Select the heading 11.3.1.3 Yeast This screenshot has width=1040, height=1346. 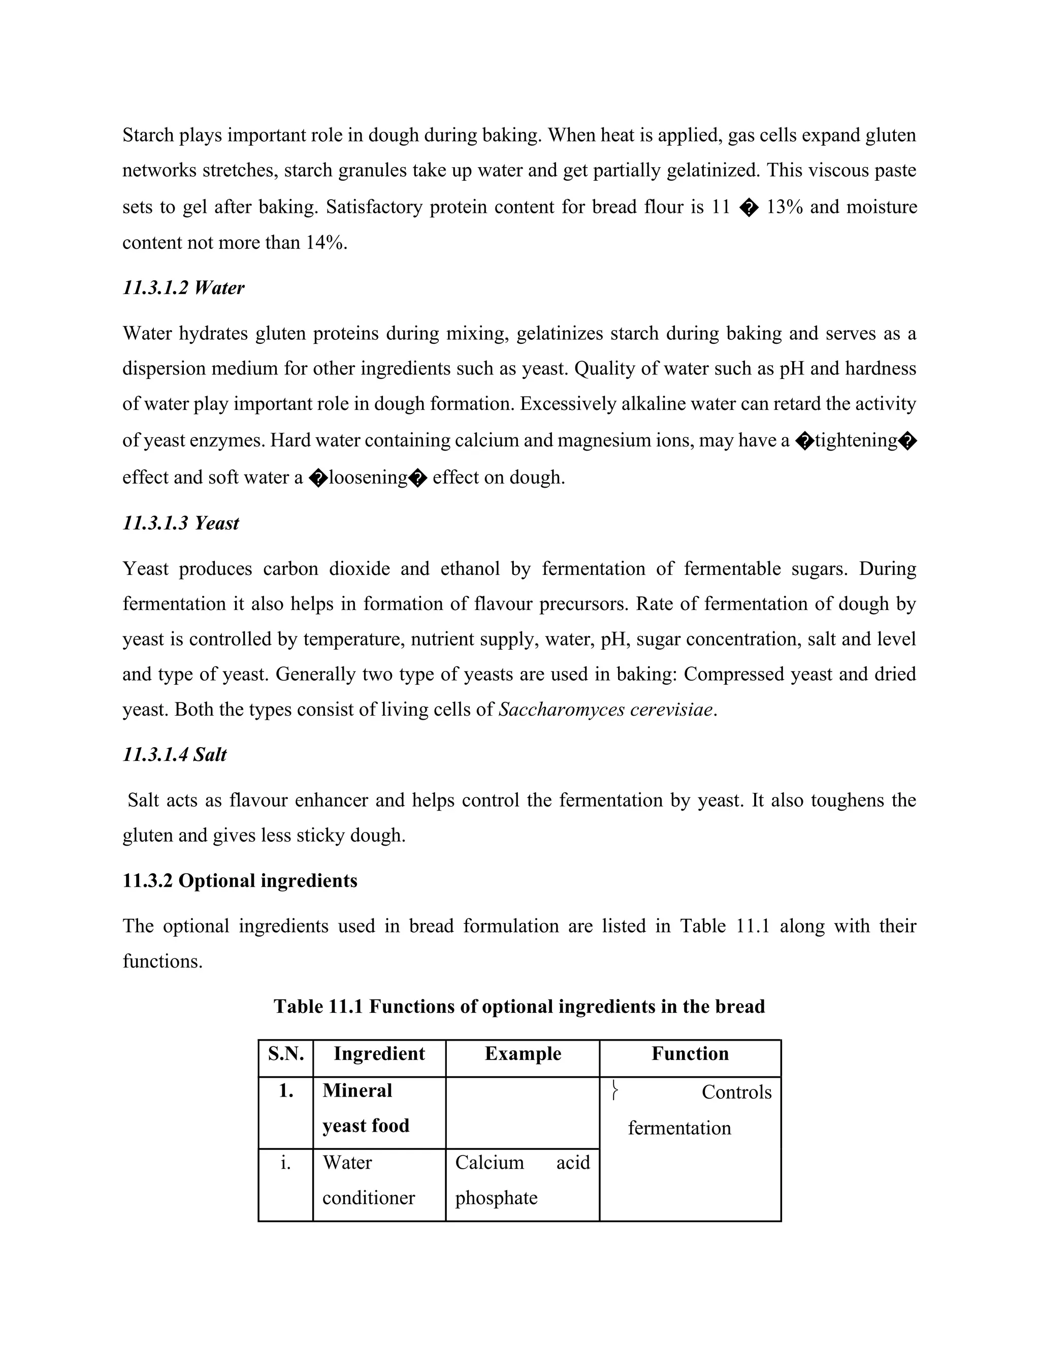(x=180, y=523)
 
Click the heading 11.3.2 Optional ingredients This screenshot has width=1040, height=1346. (x=240, y=881)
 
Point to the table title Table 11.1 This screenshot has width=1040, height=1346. (x=519, y=1006)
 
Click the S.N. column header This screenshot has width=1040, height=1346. (x=286, y=1053)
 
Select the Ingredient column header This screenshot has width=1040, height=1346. (x=379, y=1053)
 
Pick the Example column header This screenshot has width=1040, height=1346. (x=523, y=1053)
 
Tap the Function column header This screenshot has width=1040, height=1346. (x=690, y=1053)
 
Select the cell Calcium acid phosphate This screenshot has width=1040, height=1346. (x=522, y=1179)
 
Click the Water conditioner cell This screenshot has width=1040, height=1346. (x=369, y=1179)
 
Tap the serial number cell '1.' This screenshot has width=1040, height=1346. (x=286, y=1091)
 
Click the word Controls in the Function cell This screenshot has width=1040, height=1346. (x=736, y=1092)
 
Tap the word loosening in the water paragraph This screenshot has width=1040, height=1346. (x=368, y=477)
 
